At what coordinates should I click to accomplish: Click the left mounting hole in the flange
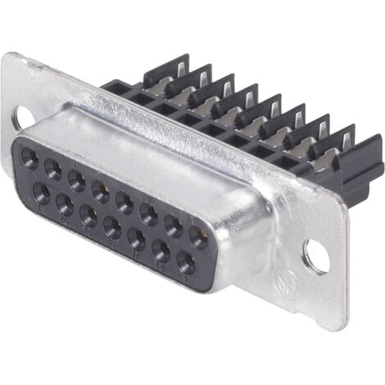coord(25,115)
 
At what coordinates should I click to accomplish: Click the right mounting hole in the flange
coord(315,256)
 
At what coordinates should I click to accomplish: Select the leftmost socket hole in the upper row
coord(29,157)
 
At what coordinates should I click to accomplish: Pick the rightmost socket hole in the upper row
coord(197,235)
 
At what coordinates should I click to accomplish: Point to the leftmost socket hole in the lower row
coord(40,192)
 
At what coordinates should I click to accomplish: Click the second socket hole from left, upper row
coord(52,168)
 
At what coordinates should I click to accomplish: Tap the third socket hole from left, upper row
coord(76,179)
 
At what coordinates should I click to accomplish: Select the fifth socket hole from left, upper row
coord(125,201)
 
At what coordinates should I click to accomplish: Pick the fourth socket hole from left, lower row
coord(111,226)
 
